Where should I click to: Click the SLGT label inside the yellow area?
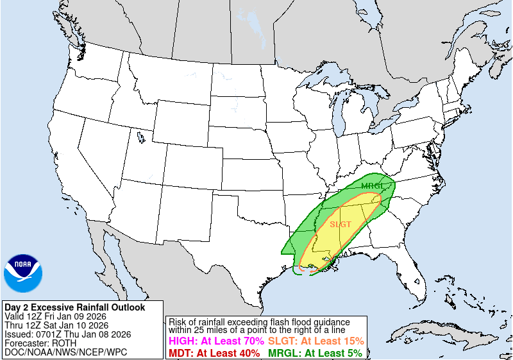point(341,225)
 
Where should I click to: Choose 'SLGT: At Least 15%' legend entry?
point(315,341)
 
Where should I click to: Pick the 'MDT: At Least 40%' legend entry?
point(214,353)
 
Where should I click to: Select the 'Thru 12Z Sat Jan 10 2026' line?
point(60,325)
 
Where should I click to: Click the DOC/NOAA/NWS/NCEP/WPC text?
point(65,352)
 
